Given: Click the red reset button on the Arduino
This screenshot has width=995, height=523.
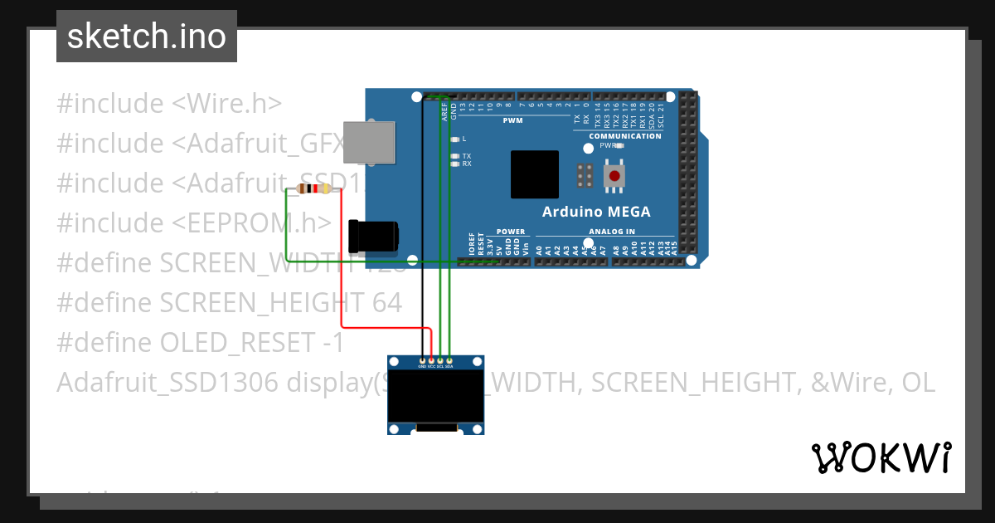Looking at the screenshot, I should coord(614,176).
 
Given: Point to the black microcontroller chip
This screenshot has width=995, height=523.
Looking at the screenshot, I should coord(534,174).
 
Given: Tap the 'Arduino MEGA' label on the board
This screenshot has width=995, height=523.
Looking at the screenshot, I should coord(596,212).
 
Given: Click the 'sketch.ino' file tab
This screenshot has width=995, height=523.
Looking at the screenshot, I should coord(147,37).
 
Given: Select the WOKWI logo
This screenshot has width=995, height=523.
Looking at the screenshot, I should coord(881,457).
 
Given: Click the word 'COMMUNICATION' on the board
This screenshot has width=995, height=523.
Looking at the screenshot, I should coord(625,136).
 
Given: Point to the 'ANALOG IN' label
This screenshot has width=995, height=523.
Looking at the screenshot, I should coord(612,232).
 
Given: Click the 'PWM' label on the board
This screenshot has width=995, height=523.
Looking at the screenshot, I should coord(513,120).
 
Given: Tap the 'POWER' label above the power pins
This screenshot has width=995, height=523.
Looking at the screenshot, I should coord(511,232).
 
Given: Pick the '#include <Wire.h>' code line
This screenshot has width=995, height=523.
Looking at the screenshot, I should coord(169,104).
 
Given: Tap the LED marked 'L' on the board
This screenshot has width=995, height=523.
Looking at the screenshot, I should coord(454,139).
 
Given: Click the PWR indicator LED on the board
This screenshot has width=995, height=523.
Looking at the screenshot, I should coord(619,145).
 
